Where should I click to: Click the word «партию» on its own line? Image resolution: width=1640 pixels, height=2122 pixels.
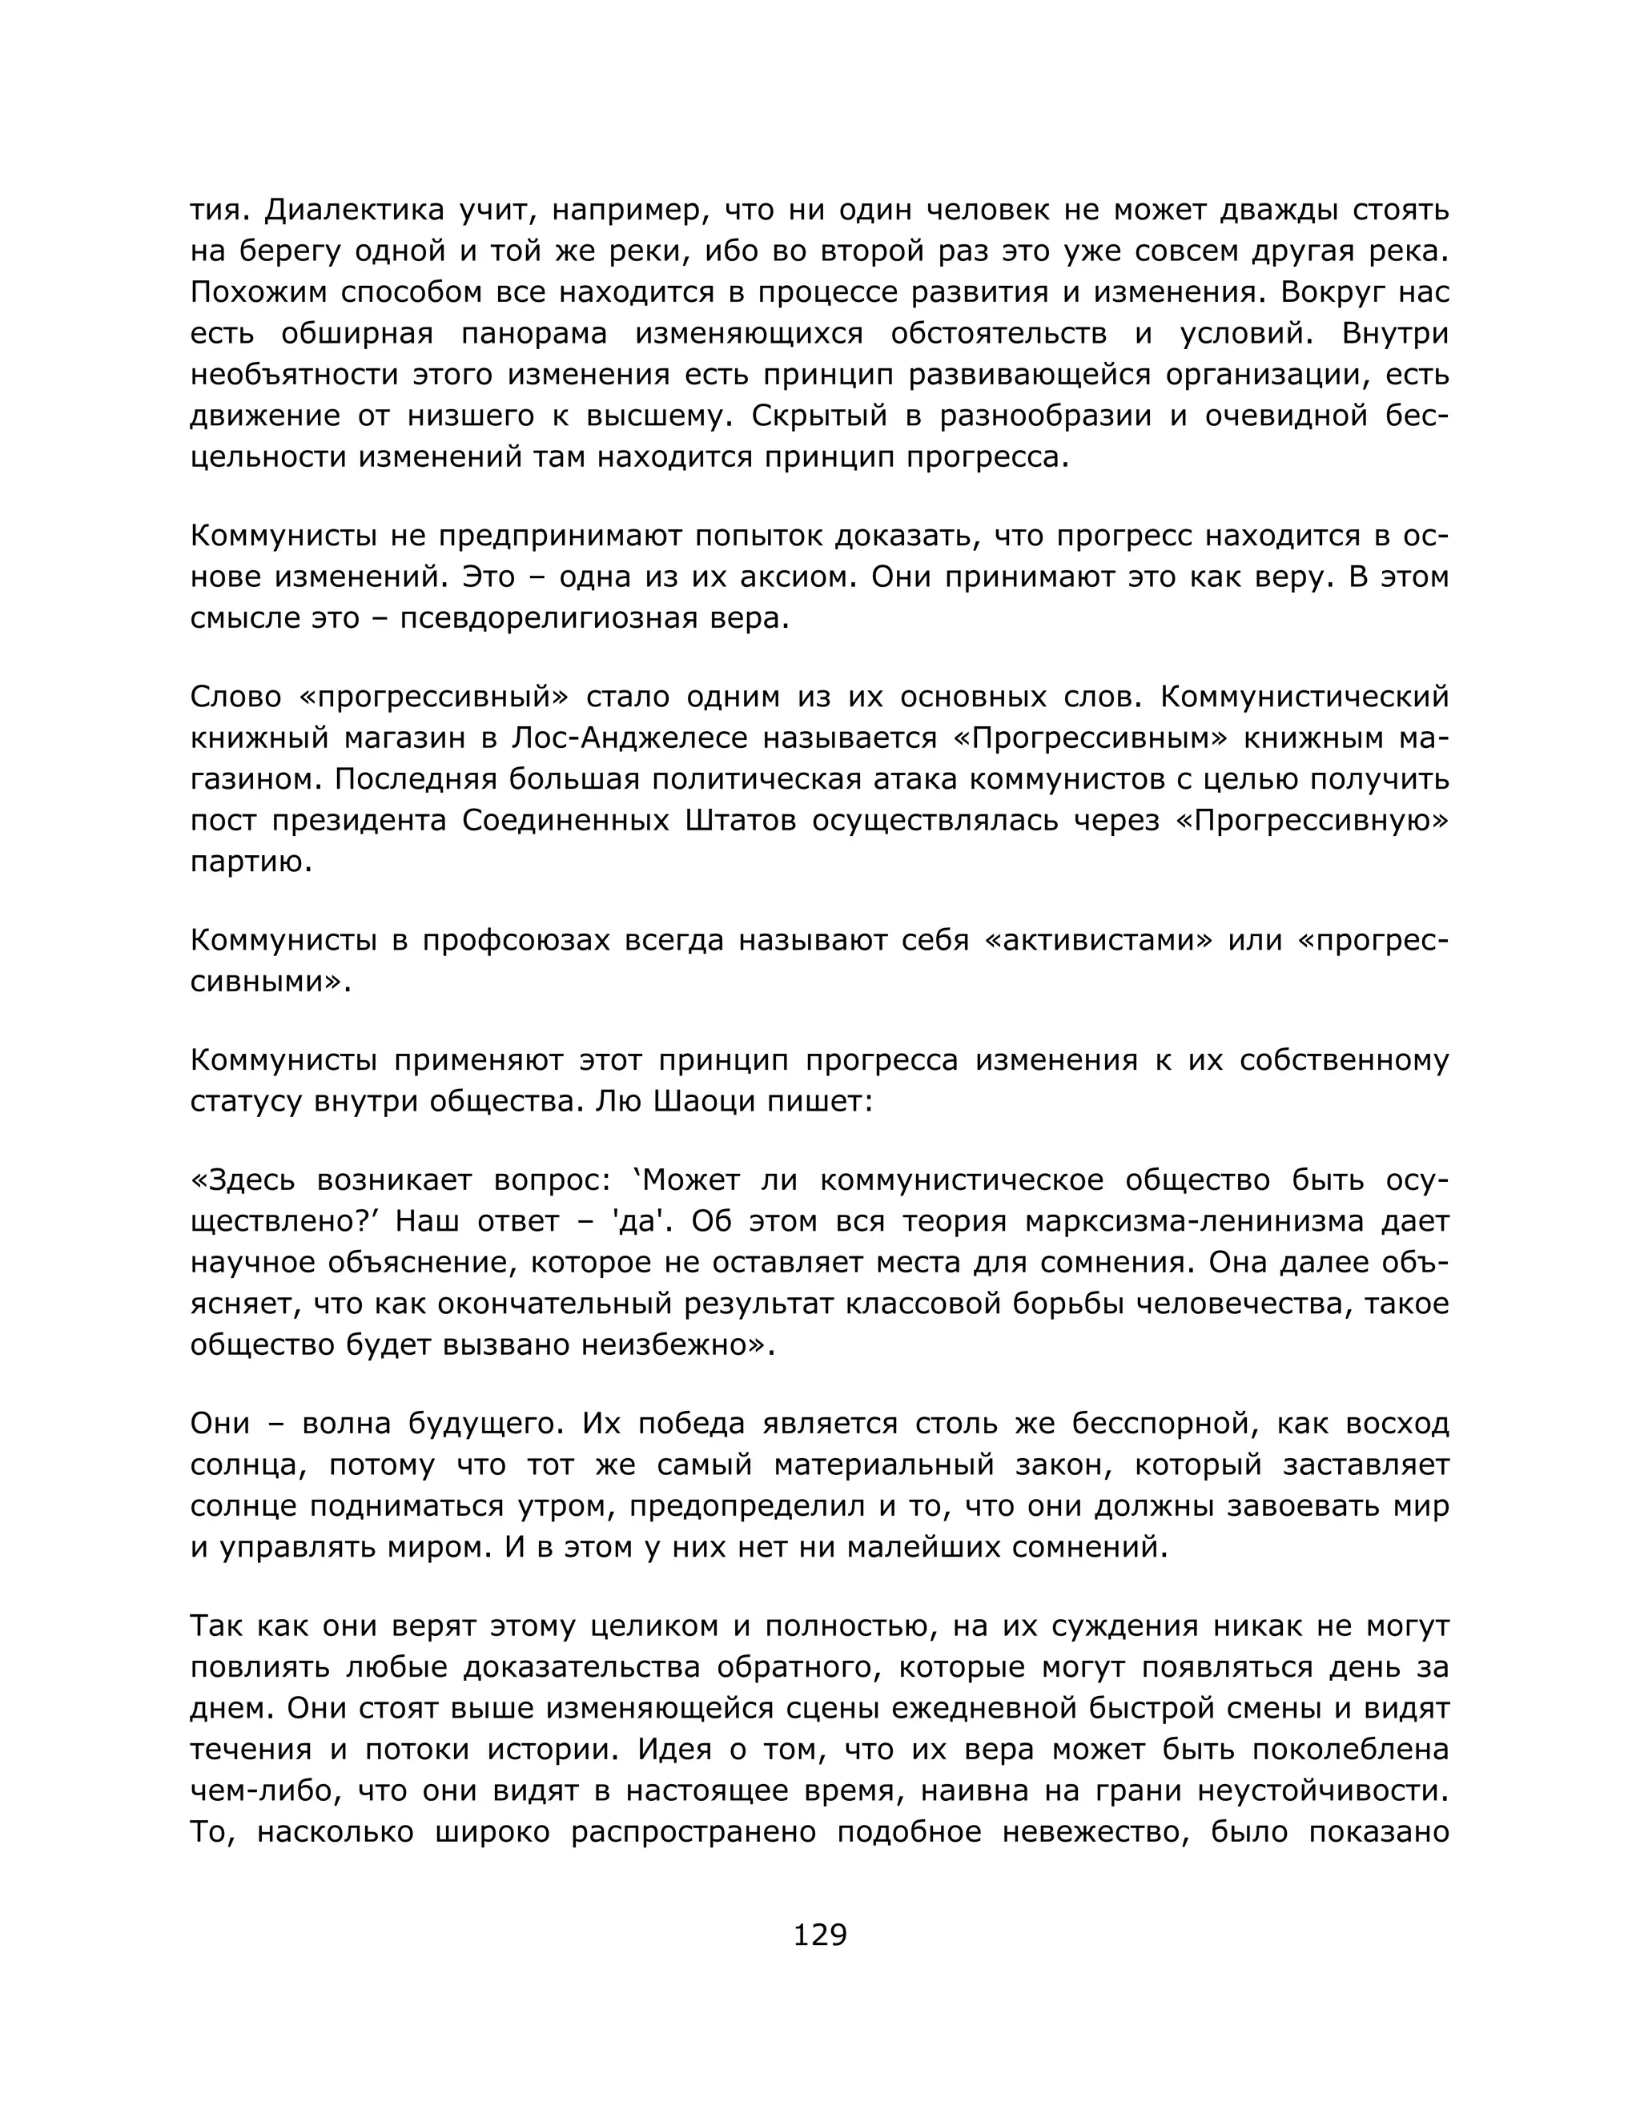[251, 862]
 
